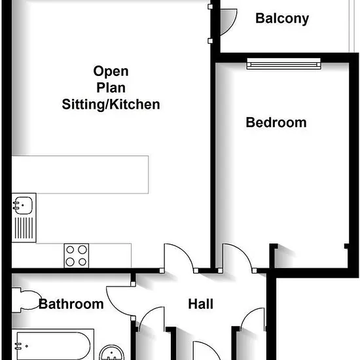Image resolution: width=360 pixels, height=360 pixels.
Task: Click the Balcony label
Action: click(x=282, y=18)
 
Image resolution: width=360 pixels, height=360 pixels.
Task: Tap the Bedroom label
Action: click(x=276, y=122)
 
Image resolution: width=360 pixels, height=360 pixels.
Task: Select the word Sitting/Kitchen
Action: click(x=111, y=105)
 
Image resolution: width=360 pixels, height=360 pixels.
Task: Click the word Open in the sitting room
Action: click(x=111, y=71)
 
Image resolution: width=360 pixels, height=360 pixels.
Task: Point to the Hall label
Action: click(x=201, y=304)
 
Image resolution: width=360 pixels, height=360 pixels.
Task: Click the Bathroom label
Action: click(x=71, y=304)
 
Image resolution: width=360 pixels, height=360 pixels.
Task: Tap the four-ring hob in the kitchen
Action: click(x=77, y=255)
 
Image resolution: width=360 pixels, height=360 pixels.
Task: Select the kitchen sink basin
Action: click(x=23, y=206)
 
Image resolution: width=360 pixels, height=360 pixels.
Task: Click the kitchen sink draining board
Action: click(x=24, y=228)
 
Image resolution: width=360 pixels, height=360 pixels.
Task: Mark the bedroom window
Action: click(x=284, y=63)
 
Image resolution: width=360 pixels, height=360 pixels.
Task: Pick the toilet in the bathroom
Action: click(x=26, y=300)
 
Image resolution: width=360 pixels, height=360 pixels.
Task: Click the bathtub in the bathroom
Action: click(x=53, y=345)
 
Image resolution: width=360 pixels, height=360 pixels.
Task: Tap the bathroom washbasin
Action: click(x=111, y=353)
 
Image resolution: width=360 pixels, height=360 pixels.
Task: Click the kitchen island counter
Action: click(x=80, y=175)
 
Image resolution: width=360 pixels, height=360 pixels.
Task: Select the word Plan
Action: click(x=111, y=88)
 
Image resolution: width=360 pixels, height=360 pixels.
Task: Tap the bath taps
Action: click(x=18, y=346)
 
